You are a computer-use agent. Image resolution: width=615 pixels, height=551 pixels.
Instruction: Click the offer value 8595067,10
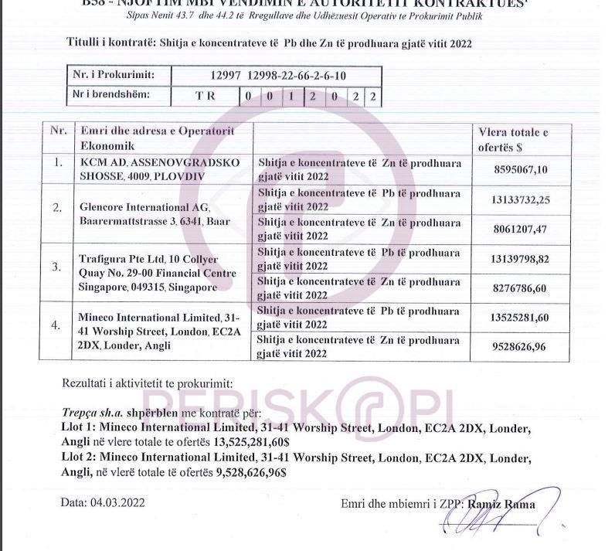click(518, 170)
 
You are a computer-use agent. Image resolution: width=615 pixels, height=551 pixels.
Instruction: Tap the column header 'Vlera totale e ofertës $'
click(513, 138)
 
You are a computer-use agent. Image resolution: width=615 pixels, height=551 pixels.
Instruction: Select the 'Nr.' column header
click(58, 130)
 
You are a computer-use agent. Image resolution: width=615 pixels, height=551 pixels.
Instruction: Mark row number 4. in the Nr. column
click(56, 325)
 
